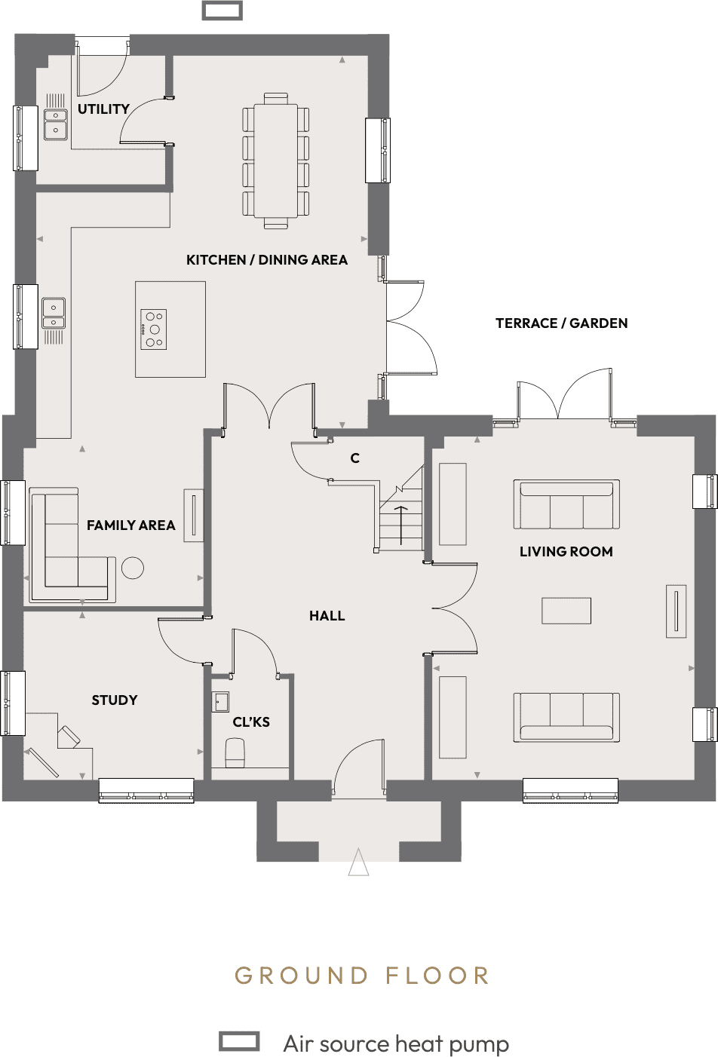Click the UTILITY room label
click(103, 109)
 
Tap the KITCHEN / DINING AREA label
click(266, 260)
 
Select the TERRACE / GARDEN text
click(561, 323)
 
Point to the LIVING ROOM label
click(566, 552)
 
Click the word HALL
click(327, 616)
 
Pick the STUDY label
click(115, 700)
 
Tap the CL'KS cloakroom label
click(251, 722)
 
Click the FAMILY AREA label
click(130, 525)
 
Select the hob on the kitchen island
click(153, 329)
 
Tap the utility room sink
click(56, 125)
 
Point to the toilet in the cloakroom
click(235, 752)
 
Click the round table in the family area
click(133, 568)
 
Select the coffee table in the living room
click(566, 611)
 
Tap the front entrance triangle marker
click(359, 862)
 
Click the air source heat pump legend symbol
click(239, 1041)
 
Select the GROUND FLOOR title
click(362, 976)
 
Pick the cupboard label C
click(354, 458)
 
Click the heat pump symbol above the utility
click(222, 11)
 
